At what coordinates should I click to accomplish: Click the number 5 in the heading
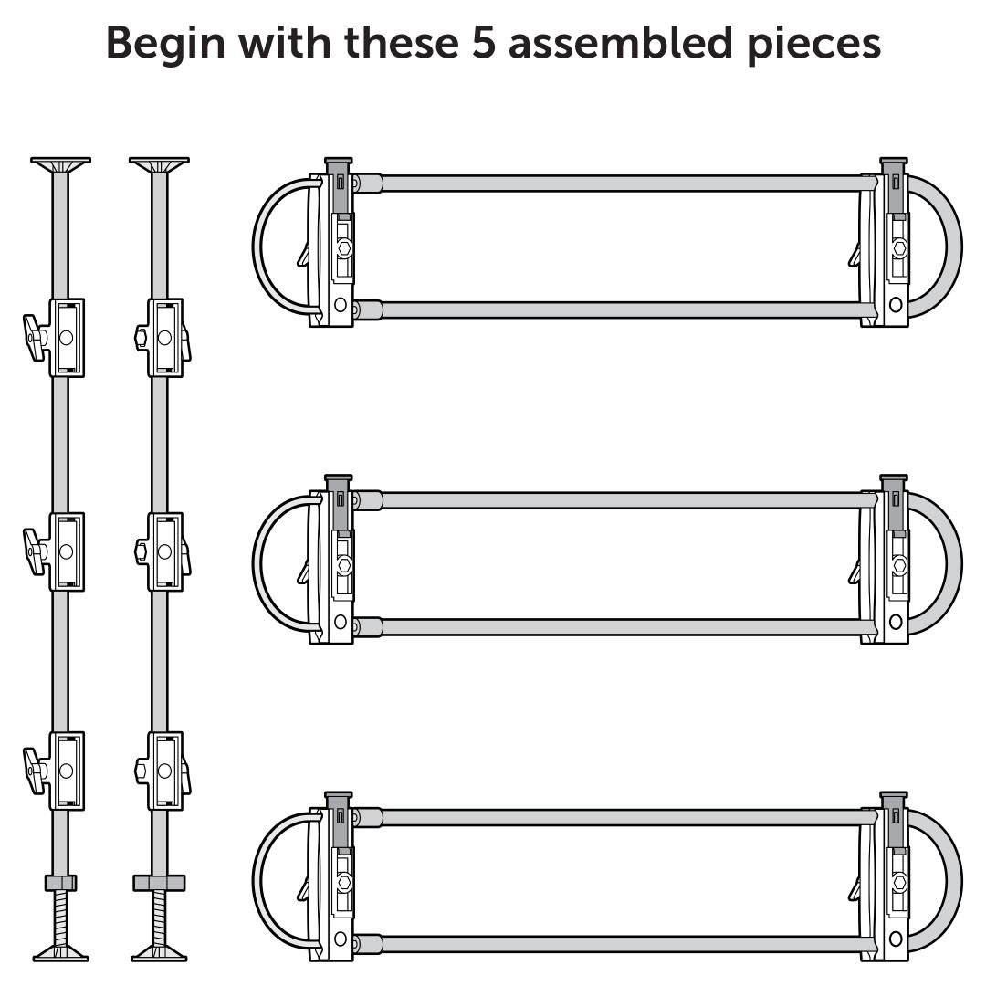tap(484, 44)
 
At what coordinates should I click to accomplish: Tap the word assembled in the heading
tap(620, 43)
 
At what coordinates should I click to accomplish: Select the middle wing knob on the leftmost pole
tap(35, 551)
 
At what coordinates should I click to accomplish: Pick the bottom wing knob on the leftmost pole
tap(35, 771)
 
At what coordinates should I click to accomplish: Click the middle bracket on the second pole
tap(164, 551)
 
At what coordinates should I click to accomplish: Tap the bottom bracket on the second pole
tap(164, 771)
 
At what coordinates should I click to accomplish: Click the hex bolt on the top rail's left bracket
tap(344, 247)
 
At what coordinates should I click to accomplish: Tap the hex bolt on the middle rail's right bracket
tap(900, 565)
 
